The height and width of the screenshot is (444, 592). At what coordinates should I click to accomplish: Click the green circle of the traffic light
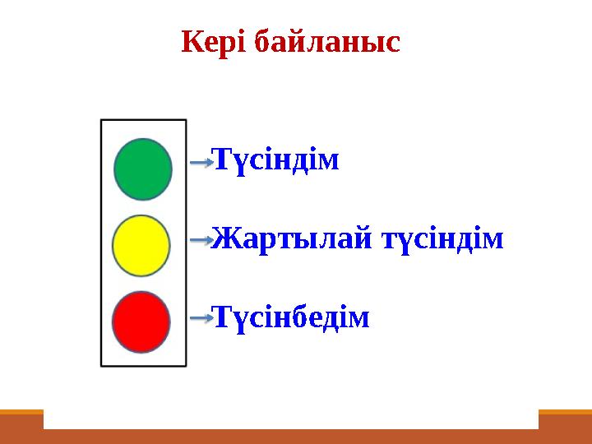coord(142,169)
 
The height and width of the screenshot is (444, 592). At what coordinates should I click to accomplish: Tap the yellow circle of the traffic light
coord(141,245)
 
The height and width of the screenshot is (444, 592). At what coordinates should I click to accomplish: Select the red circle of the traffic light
coord(141,321)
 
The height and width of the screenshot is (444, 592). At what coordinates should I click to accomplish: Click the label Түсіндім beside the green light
coord(275,160)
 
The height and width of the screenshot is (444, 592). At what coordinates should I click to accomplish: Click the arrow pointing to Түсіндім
coord(201,162)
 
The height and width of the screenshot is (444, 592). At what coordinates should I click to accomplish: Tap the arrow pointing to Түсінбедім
coord(201,317)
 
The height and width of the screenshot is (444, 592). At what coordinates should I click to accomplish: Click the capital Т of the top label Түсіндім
coord(220,160)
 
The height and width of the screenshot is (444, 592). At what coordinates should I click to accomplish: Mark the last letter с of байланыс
coord(392,43)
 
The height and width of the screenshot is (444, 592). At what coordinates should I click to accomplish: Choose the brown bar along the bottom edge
coord(296,437)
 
